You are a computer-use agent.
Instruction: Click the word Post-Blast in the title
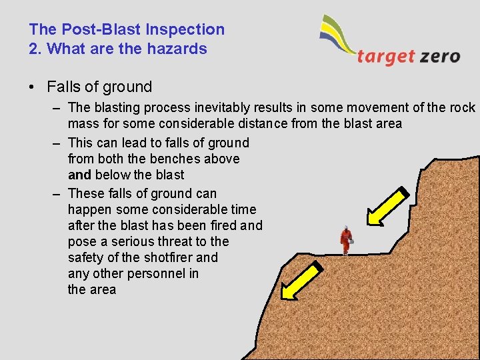[x=89, y=29]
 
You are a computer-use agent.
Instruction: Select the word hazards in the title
[x=180, y=49]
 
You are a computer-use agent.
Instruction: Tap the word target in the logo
[x=385, y=56]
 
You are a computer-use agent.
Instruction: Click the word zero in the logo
[x=440, y=56]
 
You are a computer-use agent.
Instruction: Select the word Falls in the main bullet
[x=63, y=87]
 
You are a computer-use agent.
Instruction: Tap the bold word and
[x=79, y=175]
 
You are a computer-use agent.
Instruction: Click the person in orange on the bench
[x=345, y=240]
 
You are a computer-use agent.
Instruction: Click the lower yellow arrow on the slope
[x=301, y=281]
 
